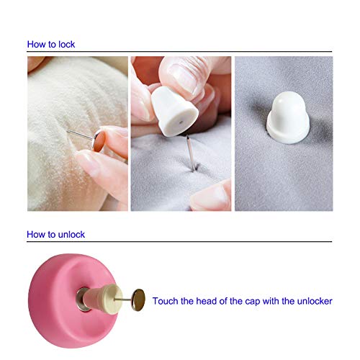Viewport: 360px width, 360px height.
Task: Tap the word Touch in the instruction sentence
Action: pos(166,301)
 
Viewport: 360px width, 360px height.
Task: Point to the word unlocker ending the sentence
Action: pos(314,301)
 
